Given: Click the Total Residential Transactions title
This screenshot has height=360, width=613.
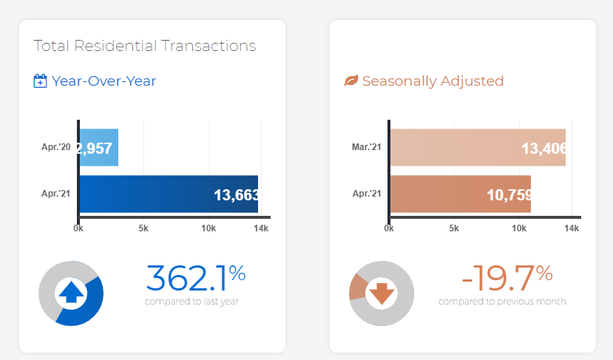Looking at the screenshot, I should [145, 46].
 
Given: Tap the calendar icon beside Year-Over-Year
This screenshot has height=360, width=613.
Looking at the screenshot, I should [41, 81].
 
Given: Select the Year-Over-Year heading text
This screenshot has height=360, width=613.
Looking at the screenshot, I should [104, 81].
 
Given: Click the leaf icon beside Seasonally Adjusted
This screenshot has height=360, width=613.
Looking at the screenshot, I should [351, 81].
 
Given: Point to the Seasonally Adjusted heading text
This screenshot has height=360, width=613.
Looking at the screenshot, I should [433, 81].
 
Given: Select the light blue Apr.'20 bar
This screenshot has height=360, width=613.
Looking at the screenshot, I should [98, 147].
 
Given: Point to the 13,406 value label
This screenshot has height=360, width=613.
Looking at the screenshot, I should [543, 149].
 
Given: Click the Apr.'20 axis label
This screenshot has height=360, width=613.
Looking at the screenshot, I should [56, 147].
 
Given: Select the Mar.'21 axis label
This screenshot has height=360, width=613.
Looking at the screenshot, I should [367, 147].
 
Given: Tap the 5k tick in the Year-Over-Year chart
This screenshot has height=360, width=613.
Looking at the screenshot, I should [143, 229].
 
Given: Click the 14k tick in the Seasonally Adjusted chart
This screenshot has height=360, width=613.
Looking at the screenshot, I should [572, 229].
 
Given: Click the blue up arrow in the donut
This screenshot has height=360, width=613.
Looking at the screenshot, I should [71, 293].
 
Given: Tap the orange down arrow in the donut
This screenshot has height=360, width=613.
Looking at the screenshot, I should [382, 293].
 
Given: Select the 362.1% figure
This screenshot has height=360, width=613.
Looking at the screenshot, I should [195, 278].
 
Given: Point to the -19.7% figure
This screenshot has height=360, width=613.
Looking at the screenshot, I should [507, 278].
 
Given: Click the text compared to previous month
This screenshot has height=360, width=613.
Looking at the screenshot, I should [502, 302].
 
